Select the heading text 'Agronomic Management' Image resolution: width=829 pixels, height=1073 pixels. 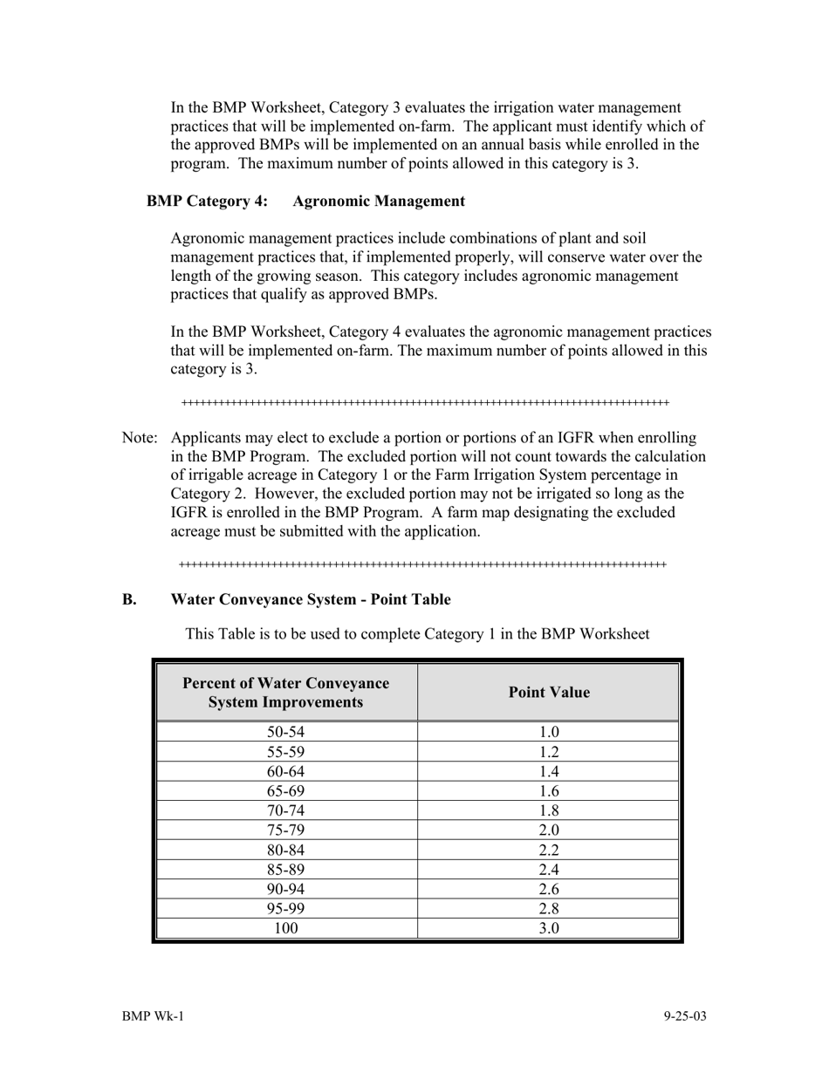click(379, 202)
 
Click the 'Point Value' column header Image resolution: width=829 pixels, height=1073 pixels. click(549, 693)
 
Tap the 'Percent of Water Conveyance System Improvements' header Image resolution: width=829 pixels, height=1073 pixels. click(286, 693)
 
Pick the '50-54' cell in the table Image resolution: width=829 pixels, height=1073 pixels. click(286, 733)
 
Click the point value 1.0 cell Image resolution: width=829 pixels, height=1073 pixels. click(549, 733)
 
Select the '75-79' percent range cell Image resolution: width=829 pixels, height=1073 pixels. click(286, 830)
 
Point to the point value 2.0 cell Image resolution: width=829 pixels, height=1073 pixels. click(549, 830)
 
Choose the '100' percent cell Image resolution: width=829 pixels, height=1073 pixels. click(286, 928)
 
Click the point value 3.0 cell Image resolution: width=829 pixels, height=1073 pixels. click(549, 928)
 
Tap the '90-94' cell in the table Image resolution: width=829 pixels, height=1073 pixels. click(286, 890)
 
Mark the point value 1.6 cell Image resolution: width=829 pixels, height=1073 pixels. click(549, 791)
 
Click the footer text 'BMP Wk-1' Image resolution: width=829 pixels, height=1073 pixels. click(153, 1016)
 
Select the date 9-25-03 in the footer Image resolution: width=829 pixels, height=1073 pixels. click(684, 1016)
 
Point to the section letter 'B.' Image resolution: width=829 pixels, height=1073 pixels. click(129, 600)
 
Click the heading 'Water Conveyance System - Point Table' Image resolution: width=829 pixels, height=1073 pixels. click(311, 600)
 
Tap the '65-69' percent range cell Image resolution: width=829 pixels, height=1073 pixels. click(286, 791)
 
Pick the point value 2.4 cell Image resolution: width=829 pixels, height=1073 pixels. click(549, 870)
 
